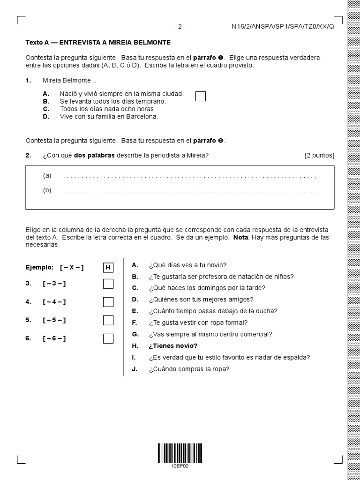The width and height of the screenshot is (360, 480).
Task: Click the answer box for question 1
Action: point(200,96)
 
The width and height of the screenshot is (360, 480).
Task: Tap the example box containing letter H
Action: point(108,268)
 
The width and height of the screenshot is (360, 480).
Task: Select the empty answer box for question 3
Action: point(108,284)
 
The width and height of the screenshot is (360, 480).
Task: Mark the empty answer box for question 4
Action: point(108,302)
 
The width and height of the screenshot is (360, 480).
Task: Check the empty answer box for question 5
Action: point(108,320)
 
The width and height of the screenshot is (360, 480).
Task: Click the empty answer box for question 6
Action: point(108,338)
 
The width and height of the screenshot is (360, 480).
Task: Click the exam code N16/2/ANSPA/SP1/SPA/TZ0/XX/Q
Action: point(283,27)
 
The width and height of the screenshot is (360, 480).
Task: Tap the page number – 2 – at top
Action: point(180,27)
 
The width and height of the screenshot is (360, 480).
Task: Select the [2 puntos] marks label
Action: point(319,155)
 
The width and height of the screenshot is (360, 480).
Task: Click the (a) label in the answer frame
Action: point(47,176)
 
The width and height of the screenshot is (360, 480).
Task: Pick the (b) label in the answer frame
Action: point(47,190)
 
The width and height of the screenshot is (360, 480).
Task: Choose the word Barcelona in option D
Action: point(143,117)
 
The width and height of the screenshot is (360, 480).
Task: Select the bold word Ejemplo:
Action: point(40,268)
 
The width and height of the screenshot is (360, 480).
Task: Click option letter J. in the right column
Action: point(135,369)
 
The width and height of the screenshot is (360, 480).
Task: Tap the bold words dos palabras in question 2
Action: point(94,155)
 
